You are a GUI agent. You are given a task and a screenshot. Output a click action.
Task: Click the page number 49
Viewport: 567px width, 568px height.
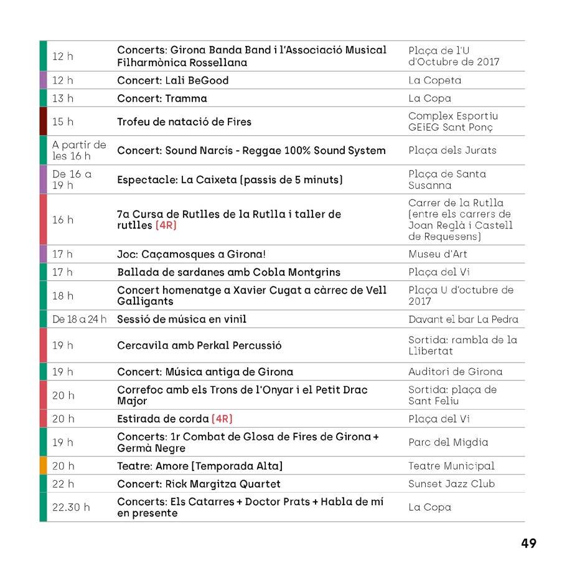click(528, 543)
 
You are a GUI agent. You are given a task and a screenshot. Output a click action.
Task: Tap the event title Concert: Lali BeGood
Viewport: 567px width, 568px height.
click(173, 80)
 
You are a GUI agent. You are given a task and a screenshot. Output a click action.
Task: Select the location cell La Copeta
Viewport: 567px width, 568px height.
click(434, 80)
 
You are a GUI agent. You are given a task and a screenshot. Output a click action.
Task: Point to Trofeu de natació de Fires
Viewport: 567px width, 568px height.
click(184, 121)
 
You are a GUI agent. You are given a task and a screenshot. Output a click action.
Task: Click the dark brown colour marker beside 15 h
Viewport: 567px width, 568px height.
click(43, 121)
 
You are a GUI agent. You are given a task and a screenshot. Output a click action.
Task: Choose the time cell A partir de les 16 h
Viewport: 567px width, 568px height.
click(79, 150)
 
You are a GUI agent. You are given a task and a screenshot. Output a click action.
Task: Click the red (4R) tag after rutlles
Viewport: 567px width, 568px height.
click(166, 225)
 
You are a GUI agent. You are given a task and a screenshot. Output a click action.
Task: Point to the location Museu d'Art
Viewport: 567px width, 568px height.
click(438, 254)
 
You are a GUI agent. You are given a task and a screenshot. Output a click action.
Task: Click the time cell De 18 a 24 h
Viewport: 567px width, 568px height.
click(79, 319)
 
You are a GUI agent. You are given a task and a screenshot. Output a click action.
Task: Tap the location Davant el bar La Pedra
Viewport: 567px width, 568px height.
click(463, 319)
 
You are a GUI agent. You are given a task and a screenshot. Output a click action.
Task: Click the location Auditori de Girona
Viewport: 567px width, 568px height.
click(455, 372)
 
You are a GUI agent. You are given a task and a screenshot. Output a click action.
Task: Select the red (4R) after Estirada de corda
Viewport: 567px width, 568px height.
click(222, 419)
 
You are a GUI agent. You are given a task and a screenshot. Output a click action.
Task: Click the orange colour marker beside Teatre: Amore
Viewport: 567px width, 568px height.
click(43, 466)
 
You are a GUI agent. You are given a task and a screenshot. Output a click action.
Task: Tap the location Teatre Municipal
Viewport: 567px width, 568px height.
click(451, 466)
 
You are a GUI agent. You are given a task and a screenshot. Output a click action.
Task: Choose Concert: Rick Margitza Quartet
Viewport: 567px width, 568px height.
click(199, 484)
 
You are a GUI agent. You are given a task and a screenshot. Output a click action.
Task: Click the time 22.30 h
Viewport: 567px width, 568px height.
click(70, 507)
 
